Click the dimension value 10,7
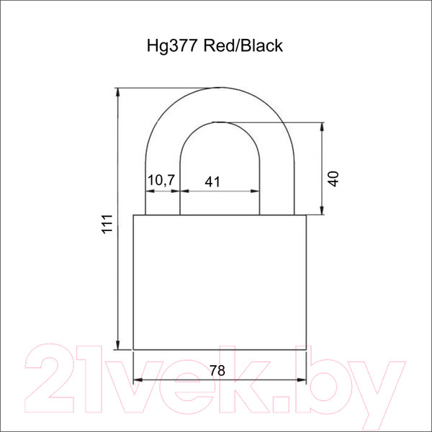[162, 181]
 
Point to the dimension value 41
[212, 181]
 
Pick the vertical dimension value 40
[332, 178]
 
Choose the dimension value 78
[217, 371]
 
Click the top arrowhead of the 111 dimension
[118, 92]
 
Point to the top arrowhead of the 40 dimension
[322, 126]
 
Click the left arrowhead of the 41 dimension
[184, 192]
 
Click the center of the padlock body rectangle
[220, 282]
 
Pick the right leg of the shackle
[276, 187]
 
